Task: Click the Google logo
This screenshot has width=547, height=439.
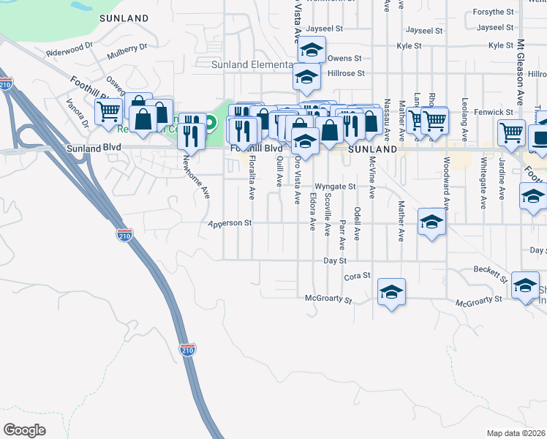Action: (25, 430)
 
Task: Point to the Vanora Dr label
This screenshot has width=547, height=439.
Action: (78, 113)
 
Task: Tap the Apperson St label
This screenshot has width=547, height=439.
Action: (230, 223)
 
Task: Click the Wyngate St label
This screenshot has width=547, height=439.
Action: (335, 187)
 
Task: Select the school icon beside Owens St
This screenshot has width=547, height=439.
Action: (312, 50)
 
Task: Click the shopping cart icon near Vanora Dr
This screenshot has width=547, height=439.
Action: (108, 112)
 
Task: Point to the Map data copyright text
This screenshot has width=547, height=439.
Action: (516, 433)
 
